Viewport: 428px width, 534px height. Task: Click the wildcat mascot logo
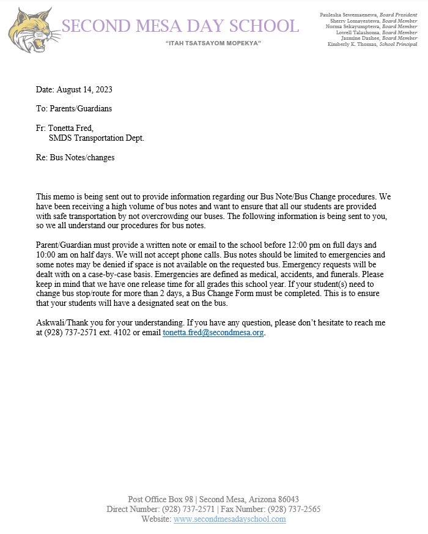pos(31,31)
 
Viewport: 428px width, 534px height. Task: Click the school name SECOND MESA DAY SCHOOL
pos(180,26)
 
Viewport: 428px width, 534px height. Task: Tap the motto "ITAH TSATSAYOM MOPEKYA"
pos(213,43)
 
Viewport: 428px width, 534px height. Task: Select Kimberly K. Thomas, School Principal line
pos(372,44)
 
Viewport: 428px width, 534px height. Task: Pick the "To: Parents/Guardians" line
pos(74,109)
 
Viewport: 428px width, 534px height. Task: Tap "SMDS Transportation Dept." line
pos(97,138)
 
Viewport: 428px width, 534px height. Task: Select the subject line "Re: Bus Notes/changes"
pos(75,157)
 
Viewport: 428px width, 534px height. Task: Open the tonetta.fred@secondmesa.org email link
pos(213,333)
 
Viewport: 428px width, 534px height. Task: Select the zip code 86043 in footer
pos(286,500)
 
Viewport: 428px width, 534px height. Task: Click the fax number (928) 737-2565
pos(294,510)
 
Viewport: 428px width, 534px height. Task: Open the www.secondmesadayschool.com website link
pos(229,519)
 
